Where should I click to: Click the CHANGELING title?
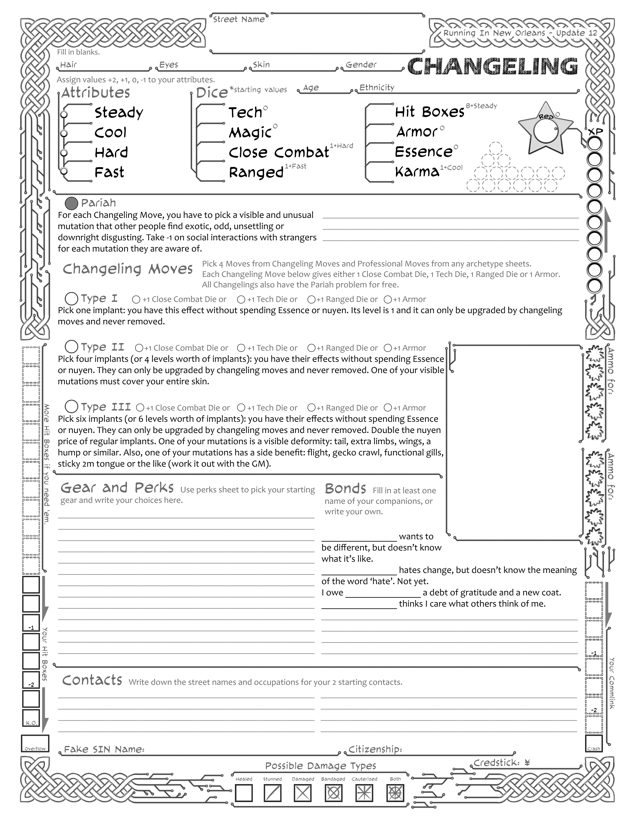coord(492,66)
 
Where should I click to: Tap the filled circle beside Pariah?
coord(71,204)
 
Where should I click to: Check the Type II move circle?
coord(71,346)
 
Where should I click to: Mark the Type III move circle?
coord(71,407)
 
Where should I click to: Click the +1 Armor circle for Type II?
coord(388,348)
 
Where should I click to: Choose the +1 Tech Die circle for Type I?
coord(241,300)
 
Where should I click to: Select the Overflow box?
coord(35,743)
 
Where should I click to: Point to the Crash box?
coord(594,743)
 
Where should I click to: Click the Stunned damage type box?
coord(272,793)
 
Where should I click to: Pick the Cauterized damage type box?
coord(364,793)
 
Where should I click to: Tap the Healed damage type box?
coord(244,793)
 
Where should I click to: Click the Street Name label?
coord(238,19)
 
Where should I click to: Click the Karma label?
coord(417,172)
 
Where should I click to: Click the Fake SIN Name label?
coord(104,749)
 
